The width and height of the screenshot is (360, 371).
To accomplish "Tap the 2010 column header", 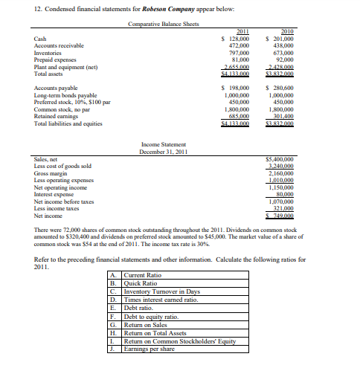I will (283, 31).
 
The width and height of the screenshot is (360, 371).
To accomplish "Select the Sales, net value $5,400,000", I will (281, 158).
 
